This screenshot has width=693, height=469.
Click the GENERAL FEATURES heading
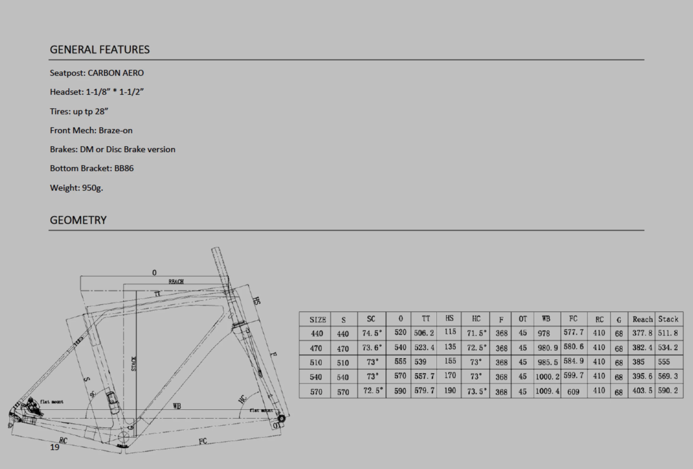point(100,49)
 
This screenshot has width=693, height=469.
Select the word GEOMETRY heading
point(78,220)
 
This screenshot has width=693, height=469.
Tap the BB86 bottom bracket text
point(124,168)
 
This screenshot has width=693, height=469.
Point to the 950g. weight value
point(92,188)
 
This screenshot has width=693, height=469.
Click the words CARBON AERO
point(116,73)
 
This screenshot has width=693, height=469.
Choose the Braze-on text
point(115,130)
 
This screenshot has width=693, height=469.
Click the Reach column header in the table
point(642,319)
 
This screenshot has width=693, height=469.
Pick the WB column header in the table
point(546,319)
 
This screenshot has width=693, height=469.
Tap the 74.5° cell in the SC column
point(372,333)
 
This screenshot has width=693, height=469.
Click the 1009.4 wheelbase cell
point(547,391)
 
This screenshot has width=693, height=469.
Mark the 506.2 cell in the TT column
point(424,333)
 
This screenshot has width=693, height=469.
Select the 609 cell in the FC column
point(573,391)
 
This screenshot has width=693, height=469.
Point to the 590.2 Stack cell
point(669,391)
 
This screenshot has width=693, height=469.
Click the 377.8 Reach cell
point(642,333)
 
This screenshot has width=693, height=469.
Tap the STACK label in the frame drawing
point(134,364)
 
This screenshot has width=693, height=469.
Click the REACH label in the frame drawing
point(176,282)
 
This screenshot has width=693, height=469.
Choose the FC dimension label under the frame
point(203,441)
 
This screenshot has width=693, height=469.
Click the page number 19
point(54,447)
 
